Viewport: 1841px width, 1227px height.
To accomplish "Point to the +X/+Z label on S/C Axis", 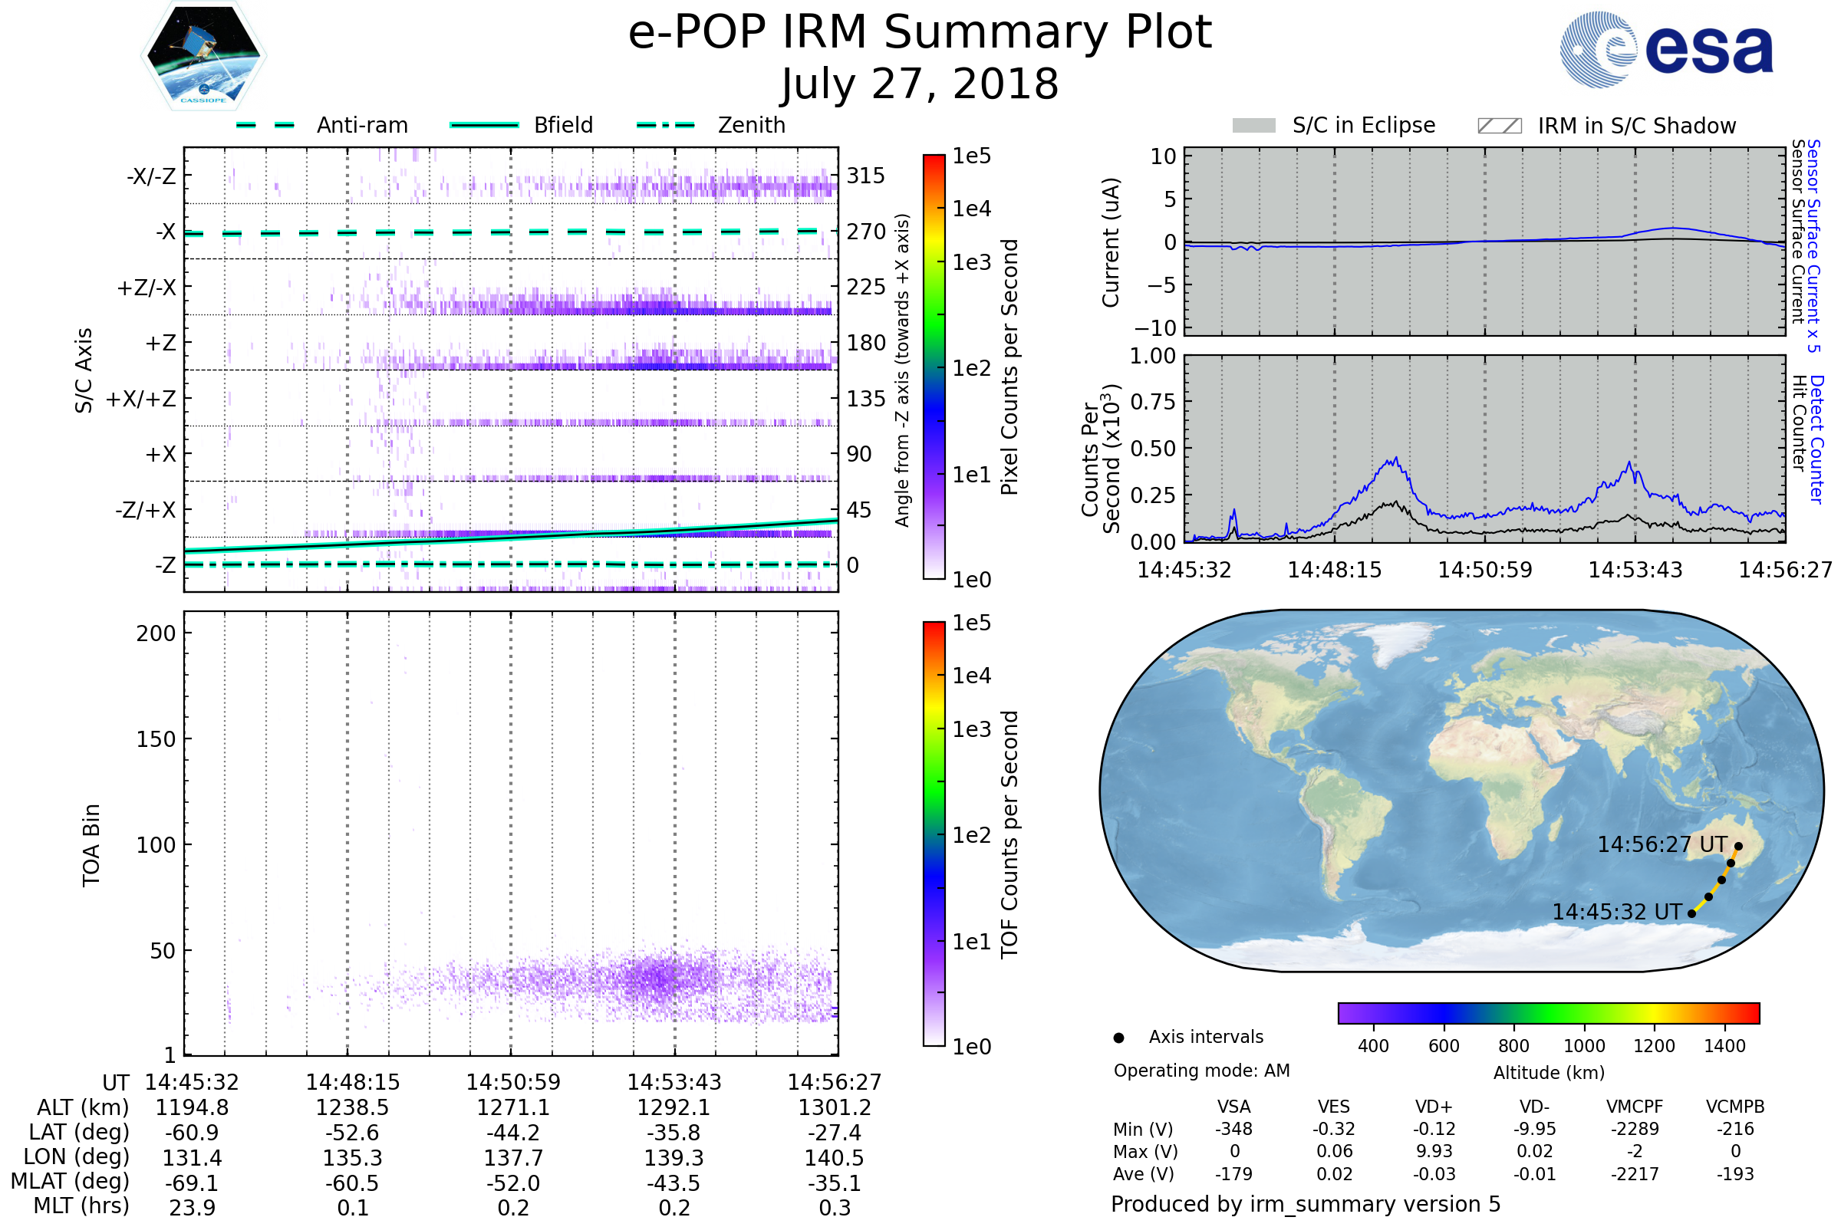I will pyautogui.click(x=141, y=399).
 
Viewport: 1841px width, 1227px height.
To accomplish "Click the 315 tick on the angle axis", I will pyautogui.click(x=866, y=176).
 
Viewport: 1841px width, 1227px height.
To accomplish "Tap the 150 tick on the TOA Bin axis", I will pyautogui.click(x=156, y=739).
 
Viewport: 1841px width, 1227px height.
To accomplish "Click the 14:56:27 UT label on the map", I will pyautogui.click(x=1662, y=844).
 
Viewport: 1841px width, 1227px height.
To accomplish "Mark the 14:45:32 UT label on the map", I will pyautogui.click(x=1617, y=912).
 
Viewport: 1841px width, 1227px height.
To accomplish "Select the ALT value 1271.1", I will pyautogui.click(x=513, y=1107).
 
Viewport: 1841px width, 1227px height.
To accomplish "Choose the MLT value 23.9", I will pyautogui.click(x=192, y=1207).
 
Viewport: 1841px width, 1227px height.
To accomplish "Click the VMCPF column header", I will pyautogui.click(x=1635, y=1107).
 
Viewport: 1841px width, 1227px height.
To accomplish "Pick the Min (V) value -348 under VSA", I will pyautogui.click(x=1233, y=1129).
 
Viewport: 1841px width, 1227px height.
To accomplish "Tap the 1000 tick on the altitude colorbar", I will pyautogui.click(x=1584, y=1046).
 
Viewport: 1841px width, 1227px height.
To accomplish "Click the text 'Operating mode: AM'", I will pyautogui.click(x=1201, y=1071).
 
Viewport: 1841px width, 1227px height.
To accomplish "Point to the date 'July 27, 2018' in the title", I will pyautogui.click(x=920, y=84).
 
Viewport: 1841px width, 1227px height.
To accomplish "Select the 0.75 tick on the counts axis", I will pyautogui.click(x=1153, y=402).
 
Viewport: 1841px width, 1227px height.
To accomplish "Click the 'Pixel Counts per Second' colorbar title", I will pyautogui.click(x=1009, y=367).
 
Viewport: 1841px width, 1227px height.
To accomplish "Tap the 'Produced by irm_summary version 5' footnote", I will pyautogui.click(x=1306, y=1203).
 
